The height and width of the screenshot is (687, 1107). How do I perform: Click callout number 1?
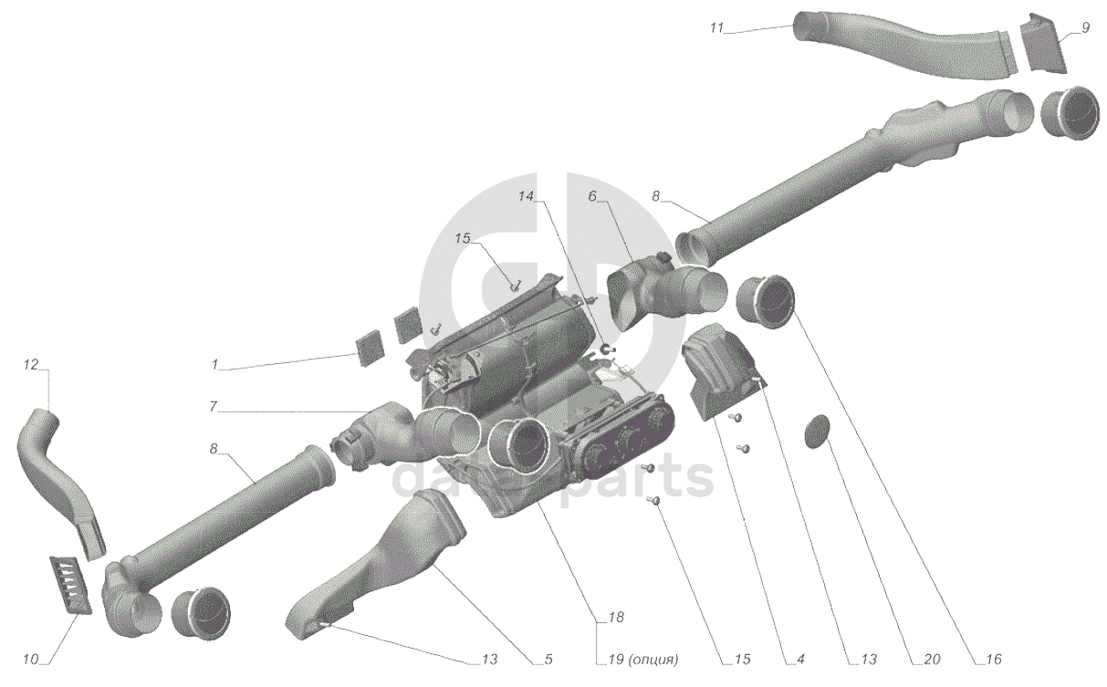pos(215,364)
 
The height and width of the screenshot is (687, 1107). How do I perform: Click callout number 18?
pos(616,619)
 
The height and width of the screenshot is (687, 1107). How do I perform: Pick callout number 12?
pos(31,365)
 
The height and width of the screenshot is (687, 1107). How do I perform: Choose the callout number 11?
pos(716,28)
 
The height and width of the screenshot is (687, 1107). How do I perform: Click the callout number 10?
pos(31,659)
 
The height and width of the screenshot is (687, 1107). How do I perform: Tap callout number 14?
pos(527,196)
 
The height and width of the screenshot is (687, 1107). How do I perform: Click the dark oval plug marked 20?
pos(818,432)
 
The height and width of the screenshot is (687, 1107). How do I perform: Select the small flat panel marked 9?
pos(1040,43)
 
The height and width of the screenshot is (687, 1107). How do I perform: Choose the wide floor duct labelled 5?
pos(383,561)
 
